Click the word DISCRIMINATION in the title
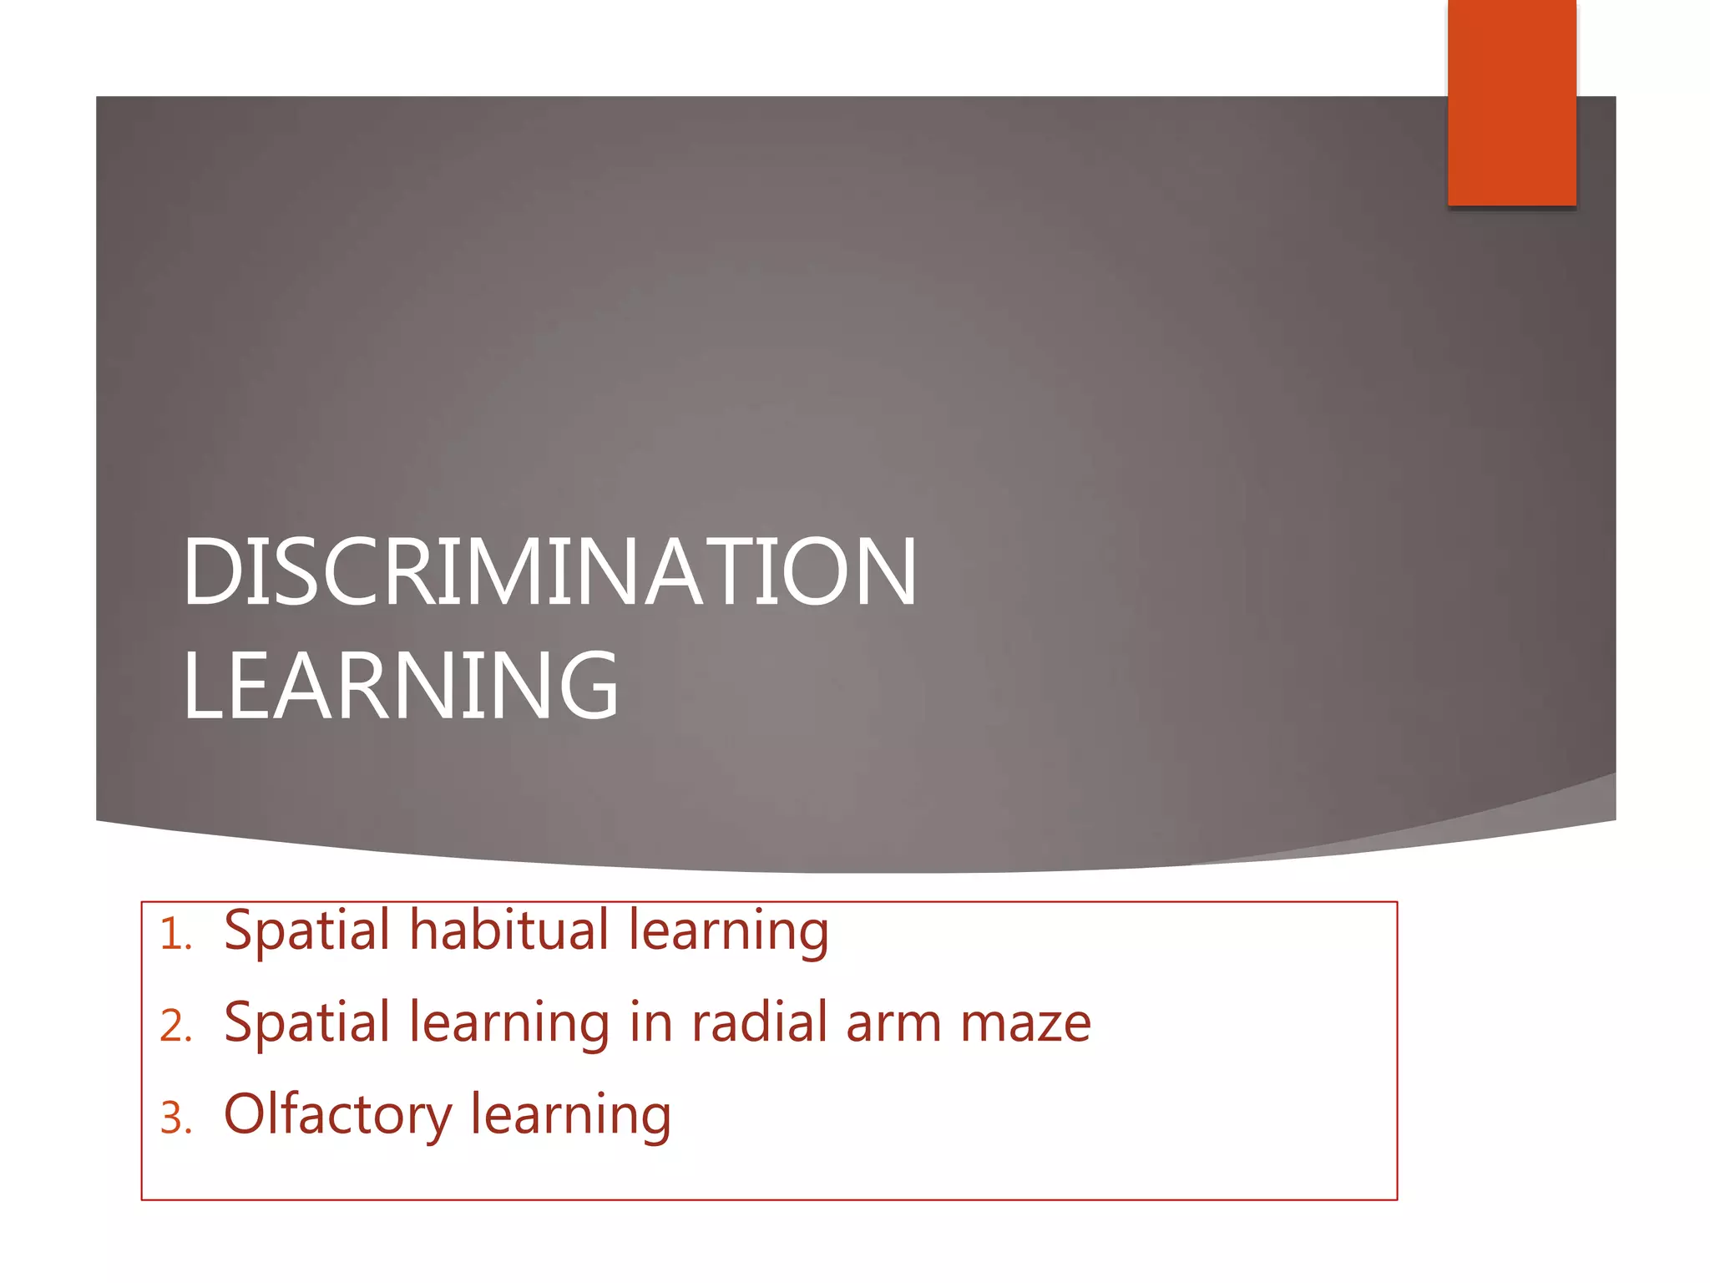(549, 572)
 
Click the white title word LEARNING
(401, 687)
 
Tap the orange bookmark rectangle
(1511, 102)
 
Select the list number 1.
(175, 935)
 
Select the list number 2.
(175, 1027)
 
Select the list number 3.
(175, 1118)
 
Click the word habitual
(509, 930)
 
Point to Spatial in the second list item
(306, 1023)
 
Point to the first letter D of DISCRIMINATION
(212, 572)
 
